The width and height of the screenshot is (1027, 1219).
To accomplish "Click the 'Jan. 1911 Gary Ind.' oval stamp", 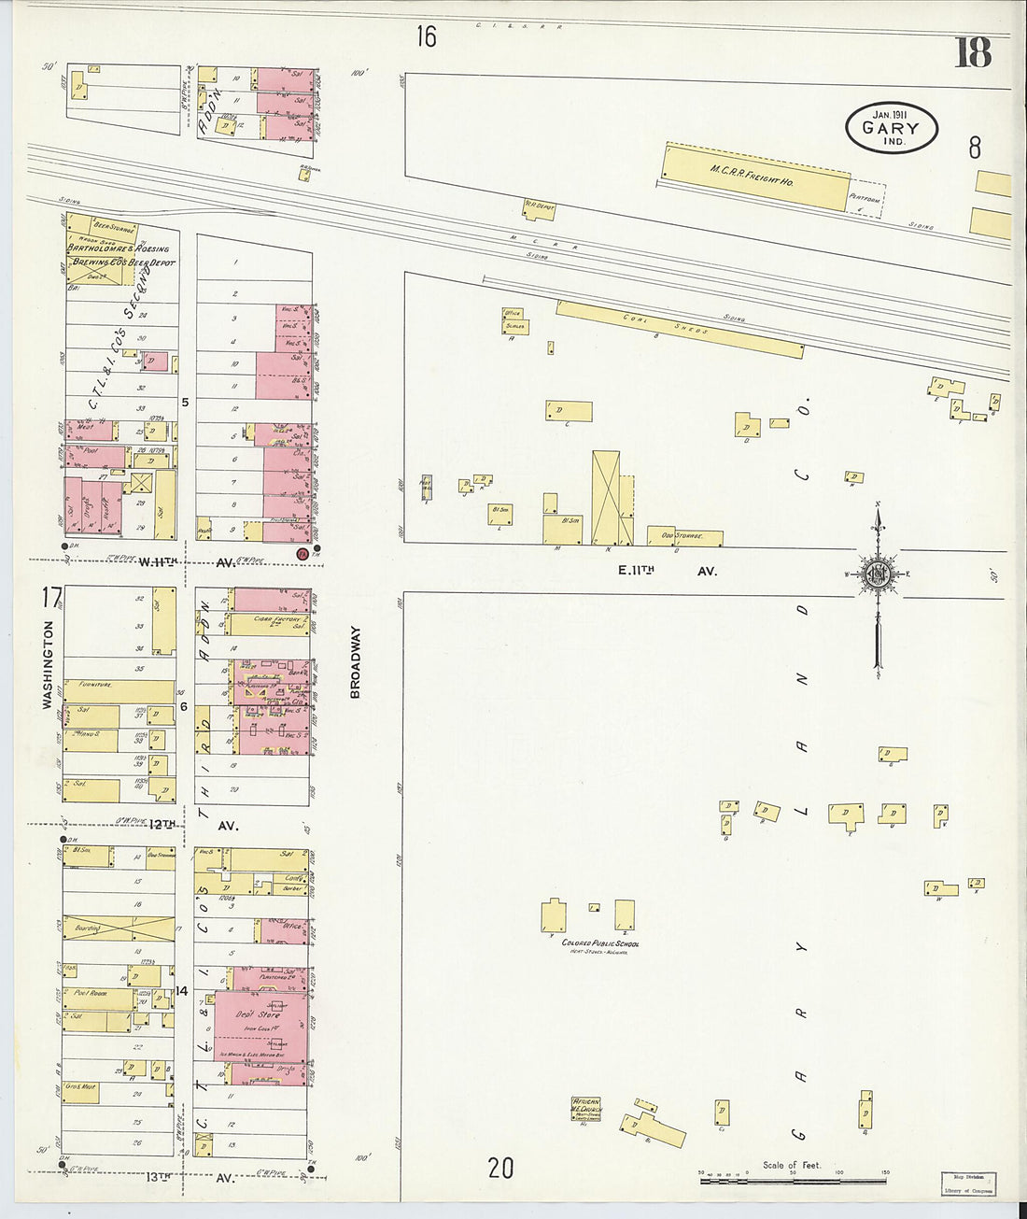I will [892, 128].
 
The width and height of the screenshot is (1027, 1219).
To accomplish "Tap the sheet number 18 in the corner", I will [972, 53].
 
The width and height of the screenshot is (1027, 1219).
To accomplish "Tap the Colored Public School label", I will [599, 943].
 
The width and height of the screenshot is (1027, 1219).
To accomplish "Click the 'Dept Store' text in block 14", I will [251, 1013].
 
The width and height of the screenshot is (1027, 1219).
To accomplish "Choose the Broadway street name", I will [355, 661].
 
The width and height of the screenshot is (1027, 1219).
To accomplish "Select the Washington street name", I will [48, 665].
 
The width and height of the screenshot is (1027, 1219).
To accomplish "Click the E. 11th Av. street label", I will [666, 570].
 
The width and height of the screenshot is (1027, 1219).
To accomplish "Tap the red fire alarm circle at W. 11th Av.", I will [302, 554].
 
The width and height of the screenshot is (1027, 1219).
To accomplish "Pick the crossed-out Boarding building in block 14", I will [118, 928].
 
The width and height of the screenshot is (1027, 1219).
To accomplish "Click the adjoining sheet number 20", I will [500, 1168].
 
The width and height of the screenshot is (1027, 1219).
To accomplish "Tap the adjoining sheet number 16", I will [426, 36].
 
